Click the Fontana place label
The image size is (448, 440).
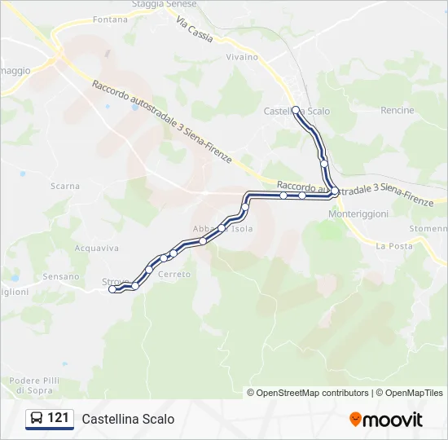tap(111, 19)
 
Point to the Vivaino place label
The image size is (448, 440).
tap(242, 57)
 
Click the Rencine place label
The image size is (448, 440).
tap(397, 110)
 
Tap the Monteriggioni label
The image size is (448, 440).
tap(356, 213)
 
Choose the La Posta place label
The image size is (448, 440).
tap(394, 245)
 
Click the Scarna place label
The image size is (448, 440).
tap(65, 186)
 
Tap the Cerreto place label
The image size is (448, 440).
tap(174, 275)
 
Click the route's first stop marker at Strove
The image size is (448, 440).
tap(112, 289)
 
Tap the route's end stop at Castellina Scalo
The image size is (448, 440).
tap(296, 109)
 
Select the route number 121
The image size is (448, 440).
tap(58, 419)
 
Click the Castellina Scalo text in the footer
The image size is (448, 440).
tap(128, 419)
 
